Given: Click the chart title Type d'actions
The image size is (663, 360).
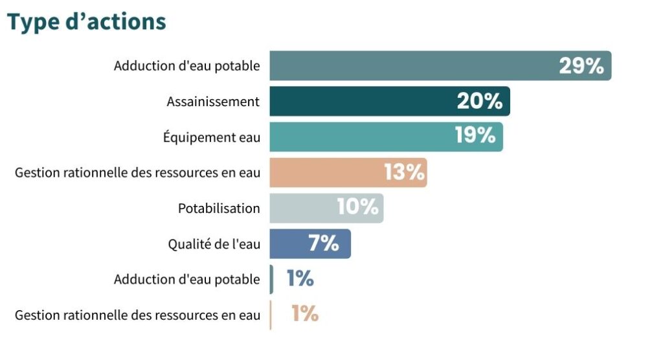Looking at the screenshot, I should (x=87, y=21).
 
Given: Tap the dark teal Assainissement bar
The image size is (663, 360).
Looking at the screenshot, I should (x=363, y=101).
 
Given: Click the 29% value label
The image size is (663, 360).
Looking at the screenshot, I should (x=581, y=65).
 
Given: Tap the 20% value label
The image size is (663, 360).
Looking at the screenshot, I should (x=480, y=101).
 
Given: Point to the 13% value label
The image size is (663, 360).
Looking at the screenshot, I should (x=404, y=172).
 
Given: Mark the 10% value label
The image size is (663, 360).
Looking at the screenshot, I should (x=357, y=208).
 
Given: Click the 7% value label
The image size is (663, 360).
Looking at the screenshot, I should (x=324, y=243).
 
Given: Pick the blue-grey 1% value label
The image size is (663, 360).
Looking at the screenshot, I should (x=300, y=279).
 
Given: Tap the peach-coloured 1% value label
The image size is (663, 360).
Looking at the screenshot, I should (x=304, y=315).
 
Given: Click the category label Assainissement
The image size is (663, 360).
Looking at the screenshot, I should (x=213, y=102).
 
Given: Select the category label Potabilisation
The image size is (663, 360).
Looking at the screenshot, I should (x=219, y=208).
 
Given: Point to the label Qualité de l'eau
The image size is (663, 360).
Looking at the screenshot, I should (x=214, y=244).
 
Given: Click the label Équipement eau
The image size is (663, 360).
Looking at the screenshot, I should (x=212, y=137).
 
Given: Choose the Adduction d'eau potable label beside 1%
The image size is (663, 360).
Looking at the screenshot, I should (x=186, y=280).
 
